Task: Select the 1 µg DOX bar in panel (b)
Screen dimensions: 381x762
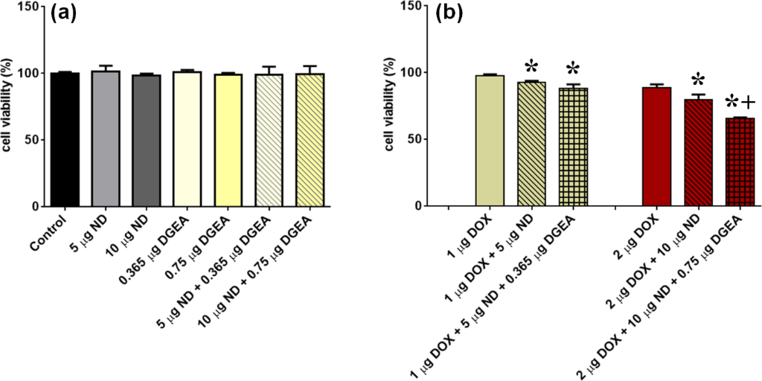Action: tap(490, 141)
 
